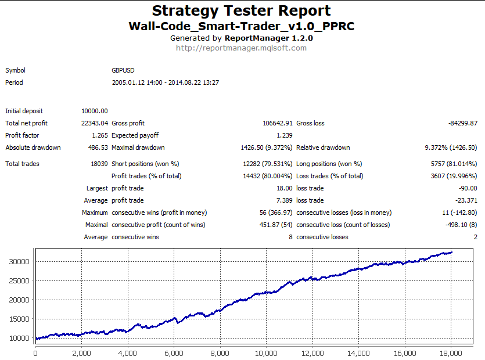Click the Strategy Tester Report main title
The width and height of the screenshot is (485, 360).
242,10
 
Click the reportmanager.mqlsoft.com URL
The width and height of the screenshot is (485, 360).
241,48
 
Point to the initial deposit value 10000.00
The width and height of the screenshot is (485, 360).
95,111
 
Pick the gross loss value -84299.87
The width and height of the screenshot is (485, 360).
463,123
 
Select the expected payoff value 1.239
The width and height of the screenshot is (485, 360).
284,135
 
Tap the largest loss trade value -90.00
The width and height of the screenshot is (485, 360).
467,188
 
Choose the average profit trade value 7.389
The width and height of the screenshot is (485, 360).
284,200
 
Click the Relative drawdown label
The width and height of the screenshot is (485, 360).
323,147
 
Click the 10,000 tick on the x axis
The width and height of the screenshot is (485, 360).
265,352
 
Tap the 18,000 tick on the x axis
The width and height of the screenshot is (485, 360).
450,352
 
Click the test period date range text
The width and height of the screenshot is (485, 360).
165,82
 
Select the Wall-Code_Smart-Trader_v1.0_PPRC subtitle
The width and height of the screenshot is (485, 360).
241,26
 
